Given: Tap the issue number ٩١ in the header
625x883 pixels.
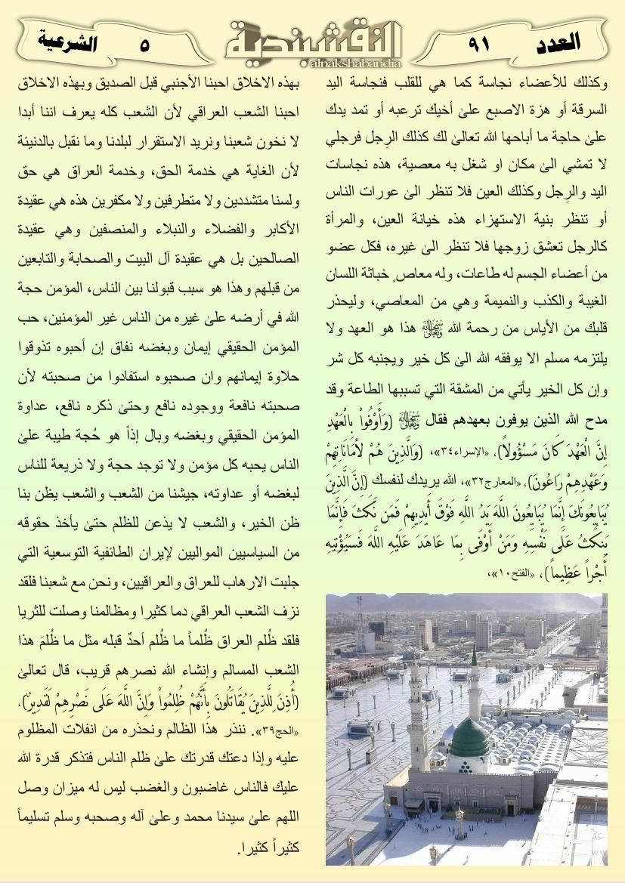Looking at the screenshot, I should (x=479, y=45).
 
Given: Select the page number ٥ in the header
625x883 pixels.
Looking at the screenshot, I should (x=144, y=45).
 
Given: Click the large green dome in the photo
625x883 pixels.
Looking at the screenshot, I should (x=469, y=737).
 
